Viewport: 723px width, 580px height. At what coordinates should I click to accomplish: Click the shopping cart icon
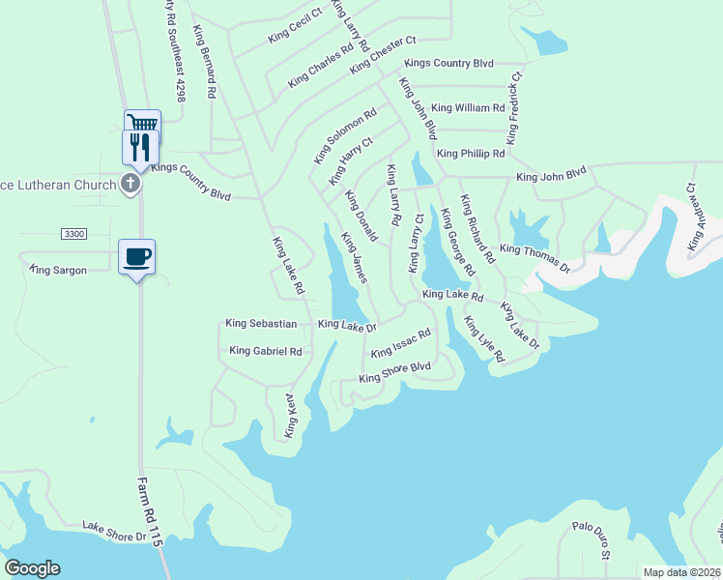coord(142,124)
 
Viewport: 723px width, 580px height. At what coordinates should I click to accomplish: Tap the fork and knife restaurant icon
coord(139,146)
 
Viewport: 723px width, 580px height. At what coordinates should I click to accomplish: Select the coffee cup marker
coord(136,257)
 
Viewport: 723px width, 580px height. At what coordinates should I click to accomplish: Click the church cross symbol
coord(133,183)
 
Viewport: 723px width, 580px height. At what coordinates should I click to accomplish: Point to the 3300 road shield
coord(73,235)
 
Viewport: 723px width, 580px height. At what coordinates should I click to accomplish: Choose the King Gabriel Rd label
coord(266,351)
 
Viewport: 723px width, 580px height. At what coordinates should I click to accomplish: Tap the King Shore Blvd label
coord(394,372)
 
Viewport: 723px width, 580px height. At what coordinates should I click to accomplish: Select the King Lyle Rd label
coord(483,339)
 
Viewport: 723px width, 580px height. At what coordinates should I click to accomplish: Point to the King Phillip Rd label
coord(471,154)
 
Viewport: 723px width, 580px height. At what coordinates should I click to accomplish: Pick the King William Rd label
coord(468,108)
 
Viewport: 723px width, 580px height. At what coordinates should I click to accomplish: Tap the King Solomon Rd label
coord(345,135)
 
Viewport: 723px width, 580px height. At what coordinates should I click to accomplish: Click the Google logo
coord(33,568)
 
